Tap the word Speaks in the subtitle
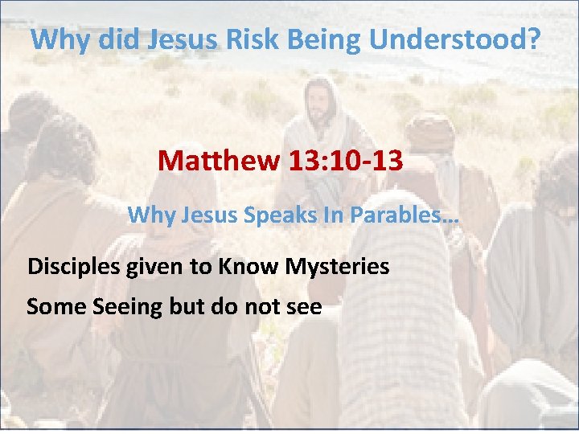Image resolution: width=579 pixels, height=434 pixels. [265, 215]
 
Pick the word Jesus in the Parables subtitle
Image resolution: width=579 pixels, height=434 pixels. [200, 215]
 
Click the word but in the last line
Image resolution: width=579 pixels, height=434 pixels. [184, 306]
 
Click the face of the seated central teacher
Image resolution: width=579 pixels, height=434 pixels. [321, 104]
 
